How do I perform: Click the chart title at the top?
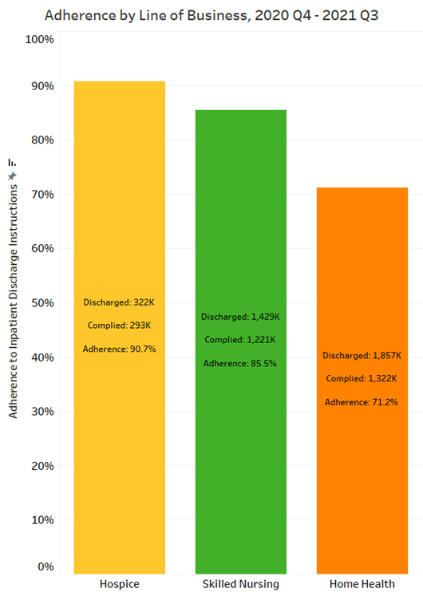tap(211, 16)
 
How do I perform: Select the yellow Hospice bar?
tap(120, 327)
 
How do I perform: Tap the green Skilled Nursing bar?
tap(241, 341)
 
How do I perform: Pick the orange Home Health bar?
tap(362, 381)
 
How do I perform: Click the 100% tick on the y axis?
tap(40, 39)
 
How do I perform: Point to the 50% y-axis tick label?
tap(42, 303)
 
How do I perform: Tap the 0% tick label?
tap(45, 566)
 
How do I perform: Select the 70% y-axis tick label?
tap(42, 195)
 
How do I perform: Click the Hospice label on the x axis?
tap(120, 584)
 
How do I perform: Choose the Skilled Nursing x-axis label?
tap(240, 584)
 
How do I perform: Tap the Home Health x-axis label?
tap(362, 584)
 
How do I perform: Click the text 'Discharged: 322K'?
tap(119, 302)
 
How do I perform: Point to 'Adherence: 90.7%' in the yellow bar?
tap(120, 349)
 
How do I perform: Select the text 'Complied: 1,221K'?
tap(240, 340)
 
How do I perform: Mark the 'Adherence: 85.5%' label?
tap(240, 363)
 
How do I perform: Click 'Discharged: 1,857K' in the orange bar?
tap(362, 355)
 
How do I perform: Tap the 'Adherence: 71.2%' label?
tap(362, 402)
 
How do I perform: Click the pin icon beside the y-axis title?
tap(13, 176)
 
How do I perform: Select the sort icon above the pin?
tap(13, 163)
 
